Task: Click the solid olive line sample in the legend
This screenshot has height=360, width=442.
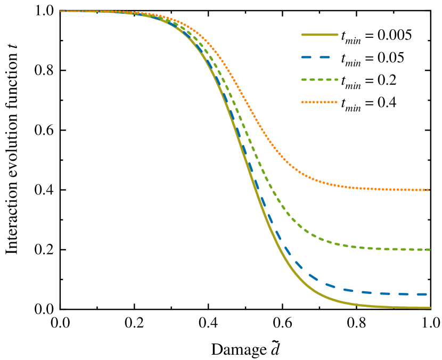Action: tap(320, 35)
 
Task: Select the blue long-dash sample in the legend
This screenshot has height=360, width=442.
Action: tap(316, 57)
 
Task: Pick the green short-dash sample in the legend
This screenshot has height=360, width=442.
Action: tap(320, 80)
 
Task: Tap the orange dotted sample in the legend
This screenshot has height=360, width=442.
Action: tap(319, 102)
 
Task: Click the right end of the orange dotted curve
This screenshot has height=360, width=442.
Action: tap(428, 190)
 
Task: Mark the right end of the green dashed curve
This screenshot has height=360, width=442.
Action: tap(429, 250)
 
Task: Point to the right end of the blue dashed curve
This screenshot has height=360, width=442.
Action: tap(427, 294)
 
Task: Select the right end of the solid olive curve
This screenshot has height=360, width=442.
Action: tap(429, 308)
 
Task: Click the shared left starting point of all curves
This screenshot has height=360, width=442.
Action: tap(61, 11)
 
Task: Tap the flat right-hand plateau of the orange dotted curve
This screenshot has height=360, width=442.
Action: tap(383, 189)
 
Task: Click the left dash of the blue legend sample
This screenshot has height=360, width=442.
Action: tap(306, 57)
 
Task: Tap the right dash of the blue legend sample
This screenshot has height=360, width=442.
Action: tap(324, 57)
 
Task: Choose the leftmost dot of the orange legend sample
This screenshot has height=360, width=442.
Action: tap(302, 102)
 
